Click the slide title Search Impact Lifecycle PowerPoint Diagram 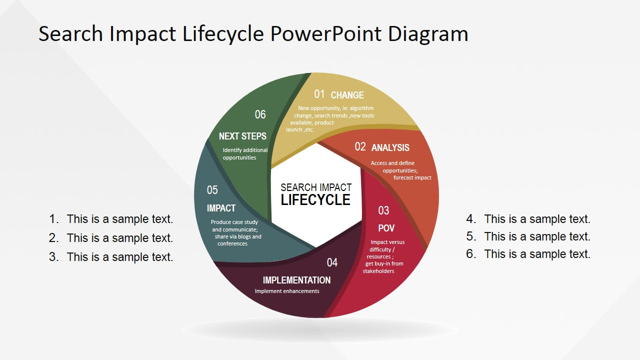point(253,34)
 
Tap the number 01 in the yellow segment point(319,94)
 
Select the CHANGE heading point(347,95)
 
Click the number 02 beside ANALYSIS point(360,146)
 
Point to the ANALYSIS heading point(390,147)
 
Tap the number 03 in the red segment point(383,210)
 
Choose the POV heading point(386,228)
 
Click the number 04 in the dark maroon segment point(332,262)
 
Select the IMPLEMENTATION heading point(296,280)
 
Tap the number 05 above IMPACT point(212,190)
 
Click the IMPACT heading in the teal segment point(221,208)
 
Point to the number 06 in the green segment point(260,114)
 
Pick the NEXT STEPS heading point(242,136)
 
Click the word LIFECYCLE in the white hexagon point(315,200)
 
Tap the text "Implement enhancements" point(287,291)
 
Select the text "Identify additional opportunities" point(245,153)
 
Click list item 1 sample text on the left point(119,219)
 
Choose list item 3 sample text point(119,257)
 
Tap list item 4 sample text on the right point(537,219)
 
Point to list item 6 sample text point(537,254)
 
